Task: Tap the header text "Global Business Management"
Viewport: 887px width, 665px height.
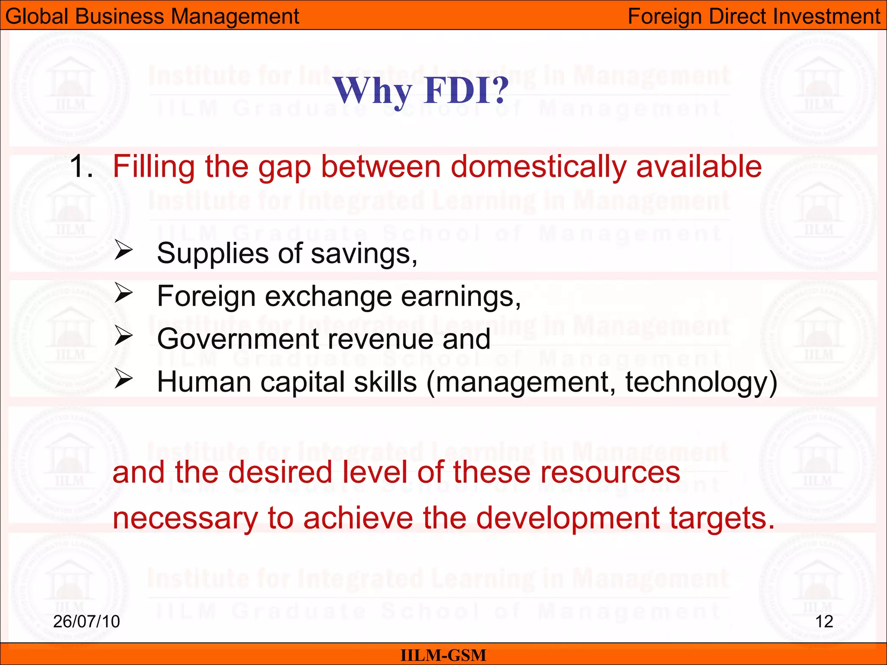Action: point(152,16)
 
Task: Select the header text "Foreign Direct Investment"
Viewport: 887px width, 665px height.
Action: point(754,16)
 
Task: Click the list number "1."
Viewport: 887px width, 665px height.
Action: point(81,167)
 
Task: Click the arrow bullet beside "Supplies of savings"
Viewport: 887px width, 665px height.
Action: point(123,251)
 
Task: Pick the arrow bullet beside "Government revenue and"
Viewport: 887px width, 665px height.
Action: point(123,336)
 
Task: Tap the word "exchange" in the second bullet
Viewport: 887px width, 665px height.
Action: point(328,297)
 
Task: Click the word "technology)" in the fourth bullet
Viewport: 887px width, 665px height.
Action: point(701,383)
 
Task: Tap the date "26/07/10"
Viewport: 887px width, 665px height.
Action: point(86,621)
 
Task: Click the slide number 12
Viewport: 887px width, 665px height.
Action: point(824,622)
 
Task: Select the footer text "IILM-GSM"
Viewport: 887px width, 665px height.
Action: point(443,655)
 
